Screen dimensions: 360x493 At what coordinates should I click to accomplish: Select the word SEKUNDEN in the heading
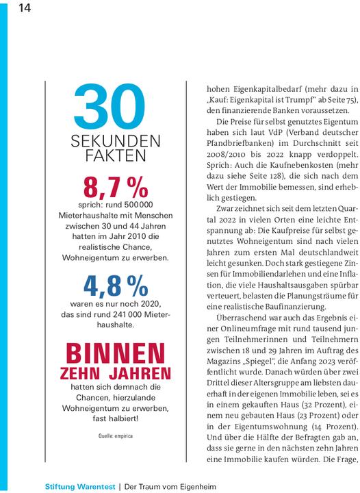click(116, 142)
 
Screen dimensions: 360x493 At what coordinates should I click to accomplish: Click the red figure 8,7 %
click(116, 186)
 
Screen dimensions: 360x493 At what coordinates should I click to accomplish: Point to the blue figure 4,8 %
click(116, 285)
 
